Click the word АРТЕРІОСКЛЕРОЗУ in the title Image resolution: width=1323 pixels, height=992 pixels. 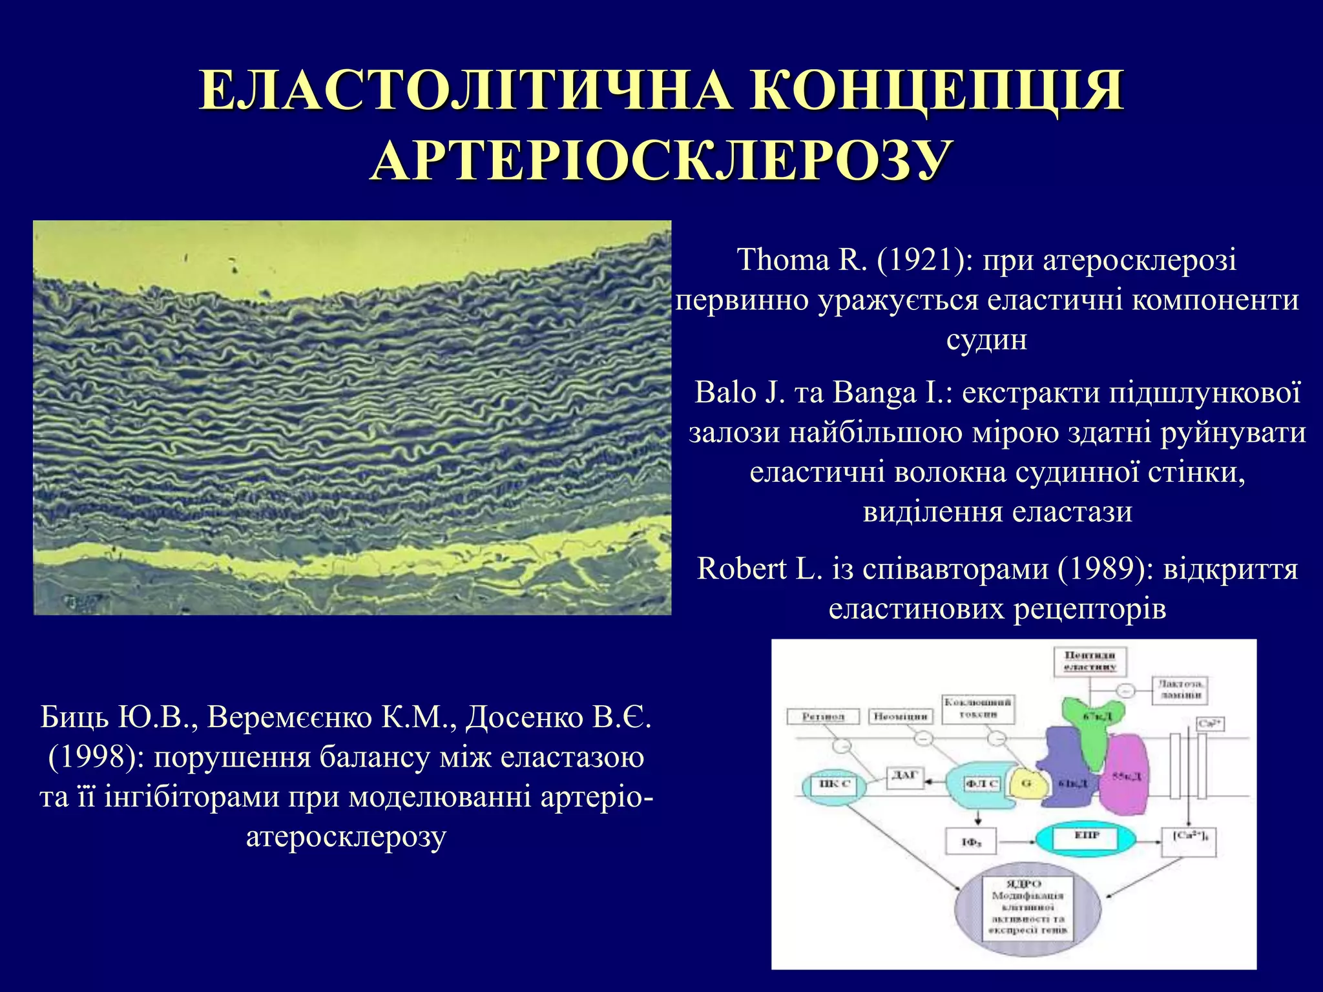coord(661,160)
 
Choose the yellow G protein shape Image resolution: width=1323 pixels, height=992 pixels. coord(1026,785)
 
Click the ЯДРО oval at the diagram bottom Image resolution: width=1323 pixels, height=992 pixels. coord(1027,911)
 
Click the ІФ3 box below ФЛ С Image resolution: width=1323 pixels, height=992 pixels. coord(971,842)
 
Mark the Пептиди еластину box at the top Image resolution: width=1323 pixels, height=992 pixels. coord(1090,661)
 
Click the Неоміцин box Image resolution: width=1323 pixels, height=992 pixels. coord(900,716)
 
